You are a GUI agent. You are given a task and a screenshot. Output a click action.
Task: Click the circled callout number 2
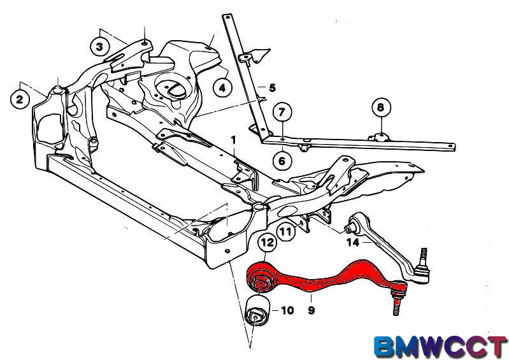pos(20,99)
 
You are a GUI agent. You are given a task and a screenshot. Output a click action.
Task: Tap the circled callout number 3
pos(99,47)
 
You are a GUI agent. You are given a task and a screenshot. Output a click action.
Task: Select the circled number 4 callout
pos(222,88)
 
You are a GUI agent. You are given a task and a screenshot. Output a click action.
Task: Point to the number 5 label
pos(272,88)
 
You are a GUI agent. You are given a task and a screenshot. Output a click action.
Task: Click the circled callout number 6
pos(282,161)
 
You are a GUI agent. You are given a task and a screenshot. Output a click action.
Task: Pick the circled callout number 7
pos(282,112)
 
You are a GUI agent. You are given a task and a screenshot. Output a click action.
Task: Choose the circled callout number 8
pos(380,107)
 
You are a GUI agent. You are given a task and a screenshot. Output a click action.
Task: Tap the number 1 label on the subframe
pos(233,141)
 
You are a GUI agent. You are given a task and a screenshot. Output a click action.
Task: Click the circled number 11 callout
pos(286,231)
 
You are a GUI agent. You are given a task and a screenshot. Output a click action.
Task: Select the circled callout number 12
pos(268,242)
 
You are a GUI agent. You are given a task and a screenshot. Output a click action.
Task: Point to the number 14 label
pos(353,243)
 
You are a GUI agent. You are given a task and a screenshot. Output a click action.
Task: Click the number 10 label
pos(287,310)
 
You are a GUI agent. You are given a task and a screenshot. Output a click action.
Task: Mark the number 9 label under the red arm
pos(311,310)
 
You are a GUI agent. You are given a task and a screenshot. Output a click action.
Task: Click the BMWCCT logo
pos(441,347)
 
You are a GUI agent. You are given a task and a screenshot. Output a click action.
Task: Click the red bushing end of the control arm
pos(261,280)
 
